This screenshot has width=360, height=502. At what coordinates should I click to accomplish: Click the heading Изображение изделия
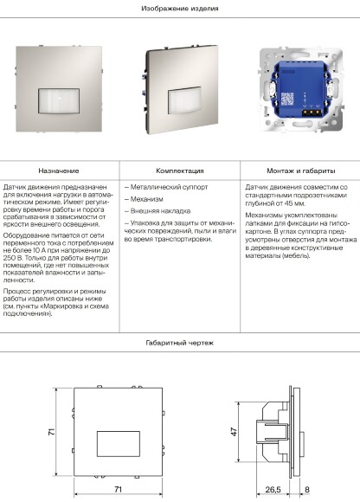pos(180,8)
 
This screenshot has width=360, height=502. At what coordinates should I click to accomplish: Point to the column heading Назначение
pos(60,171)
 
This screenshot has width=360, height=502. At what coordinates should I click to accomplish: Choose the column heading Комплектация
pos(180,171)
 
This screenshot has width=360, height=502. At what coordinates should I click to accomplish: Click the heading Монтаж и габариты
pos(299,171)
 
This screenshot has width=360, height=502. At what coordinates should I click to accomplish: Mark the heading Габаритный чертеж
pos(180,344)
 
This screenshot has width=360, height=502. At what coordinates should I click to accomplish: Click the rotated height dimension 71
pos(51,431)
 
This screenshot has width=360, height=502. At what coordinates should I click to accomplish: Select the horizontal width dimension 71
pos(118,490)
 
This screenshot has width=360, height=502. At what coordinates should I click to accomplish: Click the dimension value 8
pos(307,490)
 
